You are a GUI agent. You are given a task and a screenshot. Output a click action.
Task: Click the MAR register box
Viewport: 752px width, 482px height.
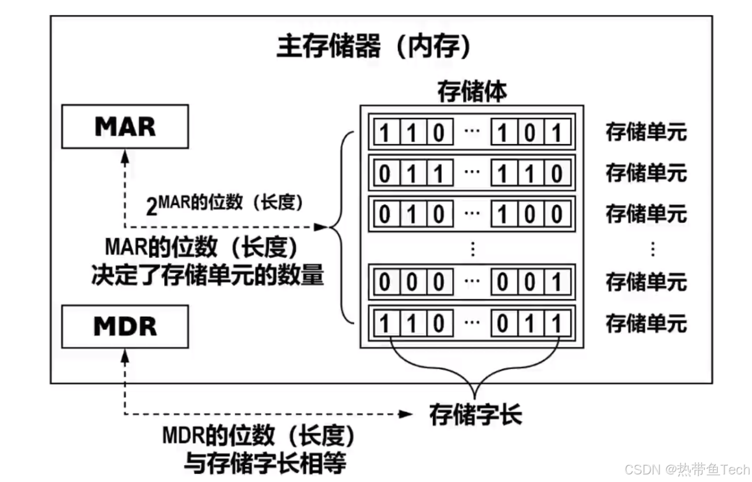(125, 126)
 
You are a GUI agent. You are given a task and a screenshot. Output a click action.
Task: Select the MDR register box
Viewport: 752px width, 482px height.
(125, 326)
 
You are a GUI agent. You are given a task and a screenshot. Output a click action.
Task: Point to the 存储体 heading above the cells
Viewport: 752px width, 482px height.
(472, 92)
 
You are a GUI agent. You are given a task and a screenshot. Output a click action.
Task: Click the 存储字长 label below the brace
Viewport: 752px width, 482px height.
(475, 414)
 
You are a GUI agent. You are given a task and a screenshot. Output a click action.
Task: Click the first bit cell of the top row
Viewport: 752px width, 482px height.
(384, 133)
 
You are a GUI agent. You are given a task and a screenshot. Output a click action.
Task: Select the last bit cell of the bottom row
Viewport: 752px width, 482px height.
(557, 323)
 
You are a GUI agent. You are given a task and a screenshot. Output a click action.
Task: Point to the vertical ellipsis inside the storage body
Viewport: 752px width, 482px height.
(472, 249)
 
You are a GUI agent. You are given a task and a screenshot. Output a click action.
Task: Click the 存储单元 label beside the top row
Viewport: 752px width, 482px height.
(646, 132)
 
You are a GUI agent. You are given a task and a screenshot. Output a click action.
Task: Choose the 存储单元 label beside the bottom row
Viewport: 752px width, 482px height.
(646, 323)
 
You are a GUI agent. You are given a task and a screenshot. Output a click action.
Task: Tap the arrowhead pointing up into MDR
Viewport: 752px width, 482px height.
(125, 354)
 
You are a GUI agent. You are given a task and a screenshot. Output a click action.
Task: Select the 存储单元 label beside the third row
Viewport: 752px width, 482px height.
(646, 214)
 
